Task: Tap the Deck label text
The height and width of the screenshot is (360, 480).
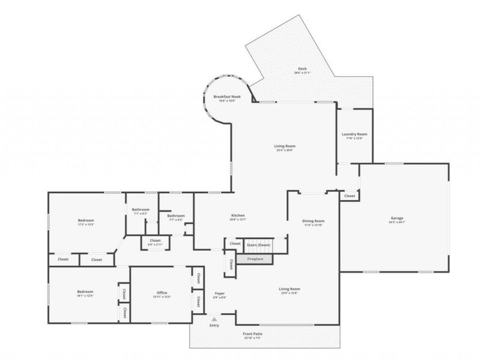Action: pos(302,68)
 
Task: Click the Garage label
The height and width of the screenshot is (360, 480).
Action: pos(397,217)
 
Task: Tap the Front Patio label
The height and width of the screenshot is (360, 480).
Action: pos(253,333)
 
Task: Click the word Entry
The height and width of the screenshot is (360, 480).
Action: pos(214,325)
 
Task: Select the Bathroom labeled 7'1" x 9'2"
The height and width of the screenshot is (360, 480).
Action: pos(140,209)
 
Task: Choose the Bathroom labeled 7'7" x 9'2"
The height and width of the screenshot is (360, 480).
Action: pos(175,215)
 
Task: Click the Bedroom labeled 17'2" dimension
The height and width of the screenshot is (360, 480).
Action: pos(86,220)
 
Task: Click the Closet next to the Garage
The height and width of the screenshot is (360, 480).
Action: pos(349,196)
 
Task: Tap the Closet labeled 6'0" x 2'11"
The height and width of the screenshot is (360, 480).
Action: pos(154,241)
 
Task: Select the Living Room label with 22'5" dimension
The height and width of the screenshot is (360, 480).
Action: pos(289,289)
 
